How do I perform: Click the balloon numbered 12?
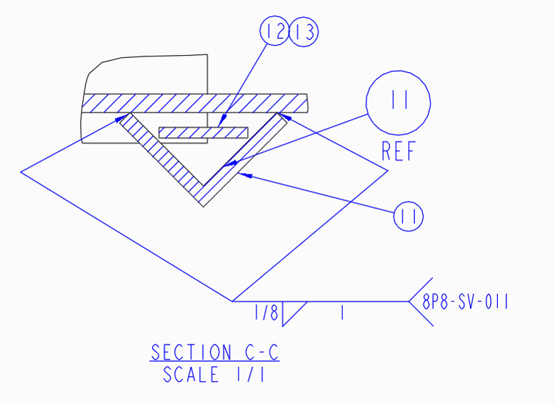274,31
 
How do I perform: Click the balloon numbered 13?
304,32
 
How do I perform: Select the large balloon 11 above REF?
398,103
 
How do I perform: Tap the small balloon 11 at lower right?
409,216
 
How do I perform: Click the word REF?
398,151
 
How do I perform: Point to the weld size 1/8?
266,312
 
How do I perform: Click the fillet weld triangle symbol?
294,314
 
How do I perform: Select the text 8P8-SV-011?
465,302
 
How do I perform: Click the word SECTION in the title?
191,353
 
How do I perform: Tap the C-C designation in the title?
261,353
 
